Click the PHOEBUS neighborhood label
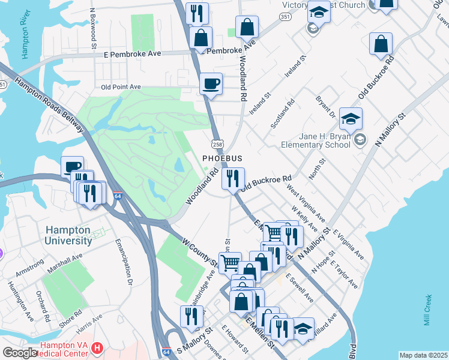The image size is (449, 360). (x=222, y=158)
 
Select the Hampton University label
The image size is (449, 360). (x=68, y=235)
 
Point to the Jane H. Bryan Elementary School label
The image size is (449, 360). (x=316, y=140)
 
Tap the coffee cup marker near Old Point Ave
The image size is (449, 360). (x=211, y=84)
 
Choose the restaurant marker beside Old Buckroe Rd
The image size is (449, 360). (x=233, y=178)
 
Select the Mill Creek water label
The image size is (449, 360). (x=427, y=310)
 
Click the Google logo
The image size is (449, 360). (x=20, y=353)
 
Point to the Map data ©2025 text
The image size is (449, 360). (x=423, y=355)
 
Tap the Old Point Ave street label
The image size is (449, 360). (x=120, y=86)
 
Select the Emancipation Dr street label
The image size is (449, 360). (x=122, y=262)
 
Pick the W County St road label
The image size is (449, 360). (x=199, y=251)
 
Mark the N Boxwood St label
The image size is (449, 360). (x=93, y=28)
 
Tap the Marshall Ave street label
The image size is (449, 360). (x=65, y=265)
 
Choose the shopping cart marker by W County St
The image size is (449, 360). (x=229, y=263)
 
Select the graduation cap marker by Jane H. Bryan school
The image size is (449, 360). (x=351, y=119)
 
